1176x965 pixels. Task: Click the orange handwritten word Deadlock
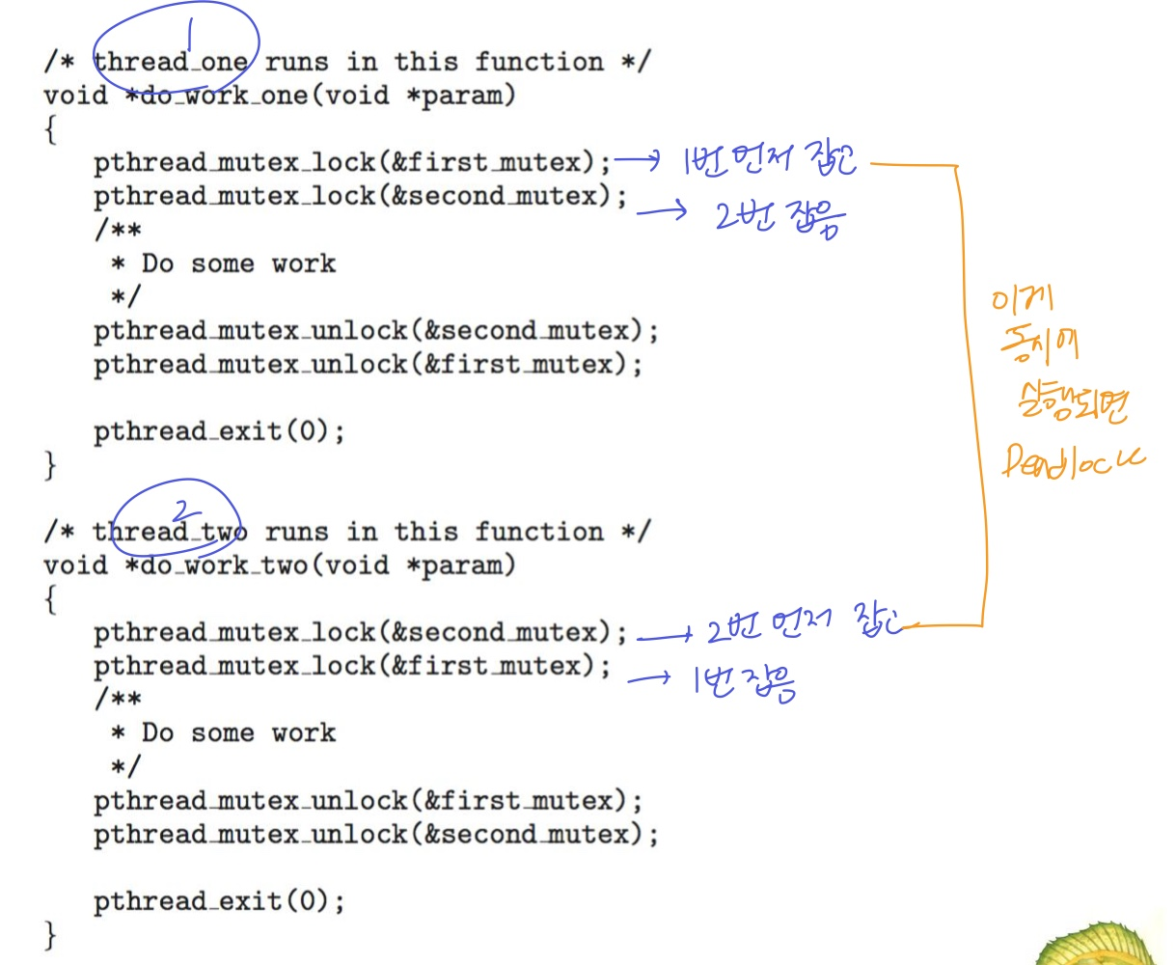pyautogui.click(x=1071, y=461)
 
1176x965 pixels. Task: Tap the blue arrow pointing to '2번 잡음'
pyautogui.click(x=662, y=208)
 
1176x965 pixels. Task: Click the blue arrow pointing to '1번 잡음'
pyautogui.click(x=648, y=678)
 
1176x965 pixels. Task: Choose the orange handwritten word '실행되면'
pyautogui.click(x=1071, y=403)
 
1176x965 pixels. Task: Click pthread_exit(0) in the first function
pyautogui.click(x=218, y=431)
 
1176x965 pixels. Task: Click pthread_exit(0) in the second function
pyautogui.click(x=218, y=901)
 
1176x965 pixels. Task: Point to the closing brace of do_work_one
pyautogui.click(x=50, y=466)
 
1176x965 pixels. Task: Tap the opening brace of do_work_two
pyautogui.click(x=50, y=599)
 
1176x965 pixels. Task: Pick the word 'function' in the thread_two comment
pyautogui.click(x=538, y=532)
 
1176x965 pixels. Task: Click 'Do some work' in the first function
pyautogui.click(x=238, y=263)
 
